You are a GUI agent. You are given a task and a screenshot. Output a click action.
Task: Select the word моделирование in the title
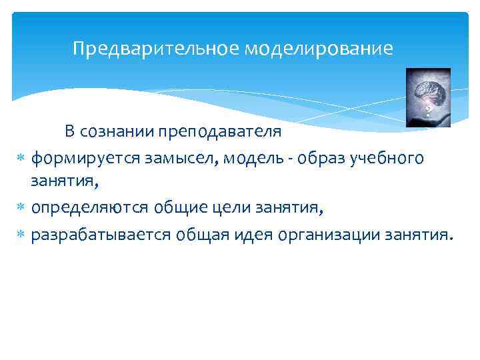pos(318,49)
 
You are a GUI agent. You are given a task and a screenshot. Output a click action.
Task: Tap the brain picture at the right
pos(428,97)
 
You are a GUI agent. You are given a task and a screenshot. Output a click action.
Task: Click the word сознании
pos(117,131)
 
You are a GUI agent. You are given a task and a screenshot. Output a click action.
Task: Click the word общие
pos(176,209)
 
